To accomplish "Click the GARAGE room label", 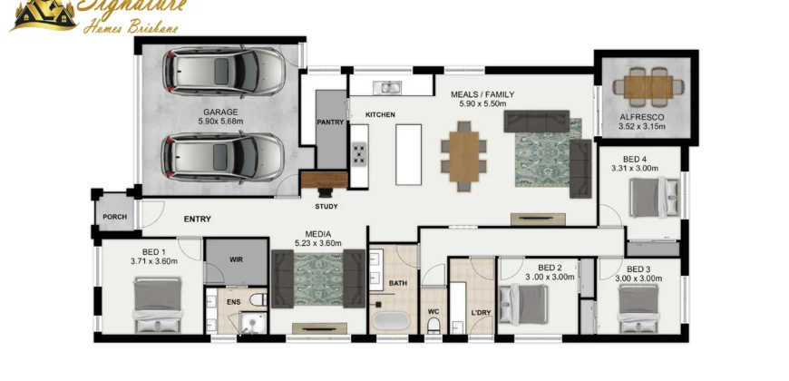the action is click(220, 112).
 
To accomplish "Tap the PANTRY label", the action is click(330, 122).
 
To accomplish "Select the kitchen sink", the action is click(386, 88).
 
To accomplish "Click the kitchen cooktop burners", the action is click(359, 153).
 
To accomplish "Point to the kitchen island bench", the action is click(408, 154).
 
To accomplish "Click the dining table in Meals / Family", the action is click(464, 157).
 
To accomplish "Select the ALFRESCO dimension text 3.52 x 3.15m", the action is click(642, 126).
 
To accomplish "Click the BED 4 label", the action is click(635, 160).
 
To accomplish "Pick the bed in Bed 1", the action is click(158, 305).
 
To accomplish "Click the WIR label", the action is click(236, 259).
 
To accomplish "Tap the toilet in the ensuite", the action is click(258, 300).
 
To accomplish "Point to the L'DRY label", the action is click(481, 313).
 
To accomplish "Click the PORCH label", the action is click(115, 217).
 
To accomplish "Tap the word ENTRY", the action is click(198, 219).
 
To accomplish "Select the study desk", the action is click(324, 180).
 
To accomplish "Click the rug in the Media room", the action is click(318, 278).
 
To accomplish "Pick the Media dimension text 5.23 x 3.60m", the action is click(318, 243).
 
